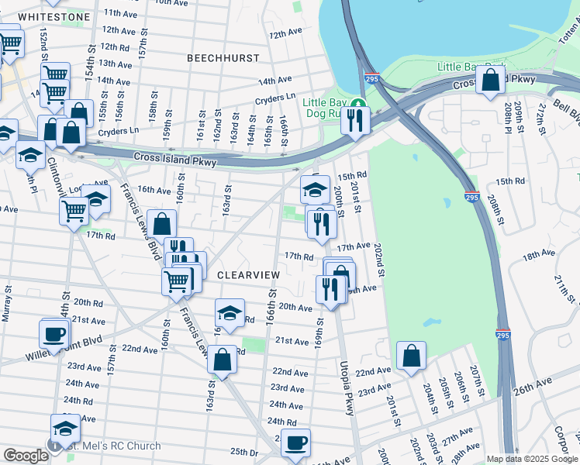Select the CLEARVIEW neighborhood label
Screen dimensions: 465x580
[x=247, y=275]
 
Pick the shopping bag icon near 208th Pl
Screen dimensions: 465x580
[x=492, y=79]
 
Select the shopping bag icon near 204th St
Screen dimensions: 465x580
[x=412, y=356]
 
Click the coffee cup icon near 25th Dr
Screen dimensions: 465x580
[x=295, y=443]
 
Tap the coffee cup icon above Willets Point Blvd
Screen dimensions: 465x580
[x=54, y=333]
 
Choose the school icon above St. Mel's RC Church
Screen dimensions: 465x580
[x=65, y=428]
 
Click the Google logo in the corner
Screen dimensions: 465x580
[x=26, y=456]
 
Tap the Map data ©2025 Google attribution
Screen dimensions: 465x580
[x=531, y=459]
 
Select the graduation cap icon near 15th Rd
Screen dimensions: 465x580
[x=315, y=188]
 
